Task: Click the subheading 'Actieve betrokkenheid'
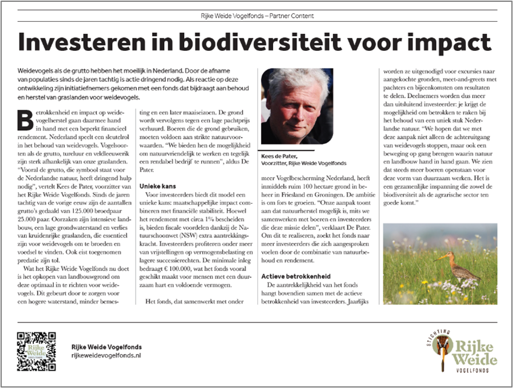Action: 292,273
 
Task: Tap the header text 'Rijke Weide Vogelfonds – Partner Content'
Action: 256,15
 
